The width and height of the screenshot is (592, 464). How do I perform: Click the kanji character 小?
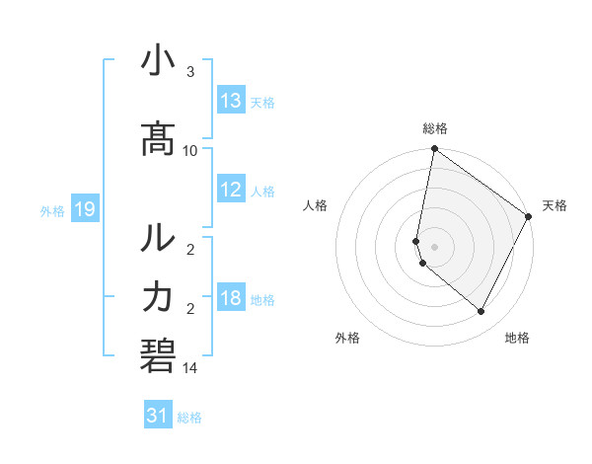point(158,62)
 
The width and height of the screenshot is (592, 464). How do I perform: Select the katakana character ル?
point(158,239)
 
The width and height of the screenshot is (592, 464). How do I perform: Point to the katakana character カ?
point(158,297)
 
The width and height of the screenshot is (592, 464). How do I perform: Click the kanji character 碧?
point(158,354)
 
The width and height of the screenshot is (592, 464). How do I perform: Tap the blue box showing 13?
point(231,101)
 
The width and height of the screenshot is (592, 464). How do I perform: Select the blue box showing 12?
point(231,191)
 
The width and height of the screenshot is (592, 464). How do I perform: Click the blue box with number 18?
point(231,299)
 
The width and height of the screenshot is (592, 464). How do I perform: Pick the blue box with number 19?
point(84,209)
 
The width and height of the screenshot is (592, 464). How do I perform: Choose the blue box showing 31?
point(158,416)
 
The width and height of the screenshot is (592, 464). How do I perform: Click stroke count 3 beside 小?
point(190,72)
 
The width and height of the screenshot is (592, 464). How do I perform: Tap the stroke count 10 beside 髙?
point(190,150)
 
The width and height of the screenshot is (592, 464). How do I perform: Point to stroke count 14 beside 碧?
point(190,368)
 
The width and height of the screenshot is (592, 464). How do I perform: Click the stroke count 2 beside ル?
point(190,250)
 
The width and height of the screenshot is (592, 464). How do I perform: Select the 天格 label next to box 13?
point(262,102)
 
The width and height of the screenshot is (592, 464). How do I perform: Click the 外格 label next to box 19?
point(52,210)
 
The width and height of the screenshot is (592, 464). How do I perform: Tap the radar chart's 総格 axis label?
point(435,128)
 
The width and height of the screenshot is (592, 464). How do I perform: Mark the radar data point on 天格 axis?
point(529,217)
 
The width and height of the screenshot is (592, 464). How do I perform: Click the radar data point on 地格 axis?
point(481,312)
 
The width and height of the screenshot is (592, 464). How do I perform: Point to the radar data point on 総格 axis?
point(434,150)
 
